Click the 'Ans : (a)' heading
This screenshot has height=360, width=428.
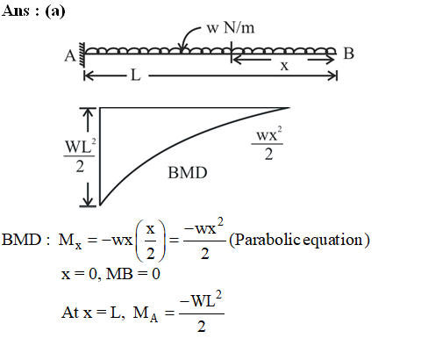[33, 11]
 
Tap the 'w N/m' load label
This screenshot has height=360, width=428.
[231, 28]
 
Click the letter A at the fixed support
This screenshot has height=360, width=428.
[70, 55]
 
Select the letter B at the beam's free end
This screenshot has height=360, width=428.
[348, 54]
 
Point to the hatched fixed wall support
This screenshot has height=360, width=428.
[82, 55]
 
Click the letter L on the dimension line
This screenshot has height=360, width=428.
[136, 76]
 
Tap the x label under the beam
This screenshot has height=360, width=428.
[284, 66]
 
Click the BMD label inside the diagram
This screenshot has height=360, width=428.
[188, 173]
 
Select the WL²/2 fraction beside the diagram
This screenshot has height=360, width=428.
[80, 155]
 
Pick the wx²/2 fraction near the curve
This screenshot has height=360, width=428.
[267, 143]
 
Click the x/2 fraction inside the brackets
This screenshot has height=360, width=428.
[150, 241]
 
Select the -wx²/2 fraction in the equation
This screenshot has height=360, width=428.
[204, 239]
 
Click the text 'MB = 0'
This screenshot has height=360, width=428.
[133, 274]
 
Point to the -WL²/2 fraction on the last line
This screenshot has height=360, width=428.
[202, 312]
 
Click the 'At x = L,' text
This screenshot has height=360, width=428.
[93, 313]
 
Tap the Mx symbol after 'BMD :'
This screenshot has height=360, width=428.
[70, 241]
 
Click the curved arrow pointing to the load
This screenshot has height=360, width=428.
[189, 37]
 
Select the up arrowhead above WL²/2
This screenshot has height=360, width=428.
[88, 113]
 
